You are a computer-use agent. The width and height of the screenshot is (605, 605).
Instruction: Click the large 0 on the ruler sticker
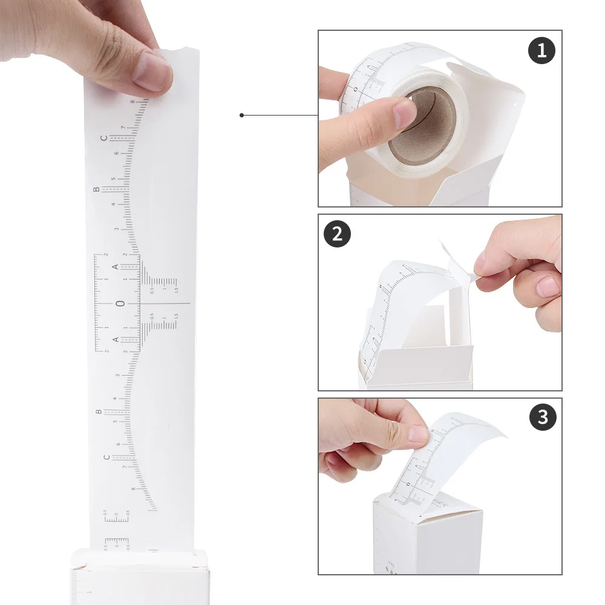tap(120, 303)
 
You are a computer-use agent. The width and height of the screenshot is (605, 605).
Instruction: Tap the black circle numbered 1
tap(541, 51)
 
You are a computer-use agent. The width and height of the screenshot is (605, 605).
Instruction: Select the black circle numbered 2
tap(338, 234)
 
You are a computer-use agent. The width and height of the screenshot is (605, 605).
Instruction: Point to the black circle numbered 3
tap(543, 417)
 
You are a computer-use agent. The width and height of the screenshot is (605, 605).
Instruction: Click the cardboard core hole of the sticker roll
tap(423, 124)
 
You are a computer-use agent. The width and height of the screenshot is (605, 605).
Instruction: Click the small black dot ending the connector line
tap(241, 115)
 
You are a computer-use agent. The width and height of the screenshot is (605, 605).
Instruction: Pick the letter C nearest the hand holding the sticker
tap(103, 139)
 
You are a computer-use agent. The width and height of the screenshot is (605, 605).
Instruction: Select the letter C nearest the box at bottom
tap(106, 457)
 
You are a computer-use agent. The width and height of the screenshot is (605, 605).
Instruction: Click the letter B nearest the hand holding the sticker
tap(96, 189)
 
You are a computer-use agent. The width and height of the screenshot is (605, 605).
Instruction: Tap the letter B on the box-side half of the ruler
tap(99, 412)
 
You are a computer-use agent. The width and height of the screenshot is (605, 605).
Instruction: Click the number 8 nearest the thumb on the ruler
tap(132, 102)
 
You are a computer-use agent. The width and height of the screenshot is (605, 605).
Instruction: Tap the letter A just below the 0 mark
tap(116, 339)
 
